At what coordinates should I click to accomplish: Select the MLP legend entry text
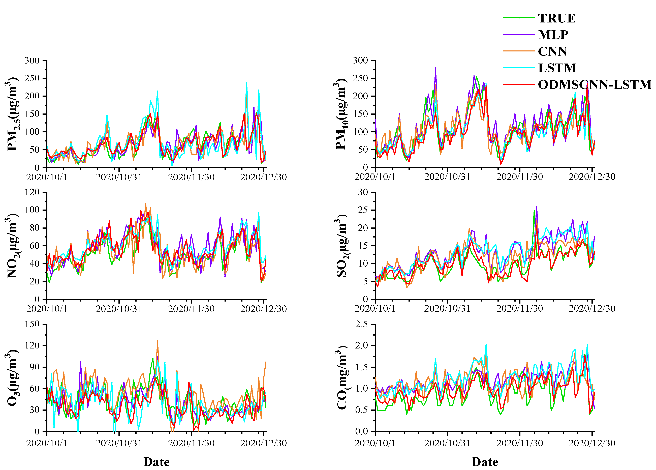tap(553, 35)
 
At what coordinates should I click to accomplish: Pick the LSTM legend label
tap(557, 68)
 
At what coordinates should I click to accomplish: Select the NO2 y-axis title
tap(12, 246)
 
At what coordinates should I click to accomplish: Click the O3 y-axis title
tap(12, 378)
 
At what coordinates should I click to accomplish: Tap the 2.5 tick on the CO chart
tap(362, 324)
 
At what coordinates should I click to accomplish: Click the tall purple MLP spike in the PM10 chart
tap(435, 68)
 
